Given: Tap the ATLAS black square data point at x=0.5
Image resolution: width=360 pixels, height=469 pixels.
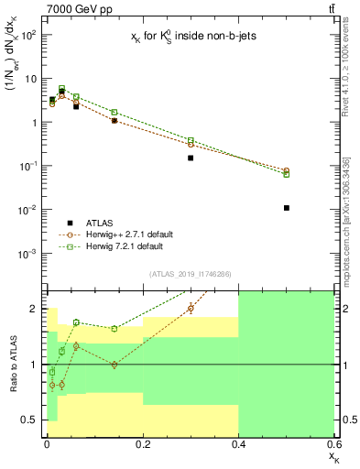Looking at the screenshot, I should [287, 208].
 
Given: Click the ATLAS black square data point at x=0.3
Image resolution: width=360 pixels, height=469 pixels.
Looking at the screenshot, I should [191, 158].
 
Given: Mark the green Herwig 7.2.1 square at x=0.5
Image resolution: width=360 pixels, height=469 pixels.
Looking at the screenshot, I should [287, 174].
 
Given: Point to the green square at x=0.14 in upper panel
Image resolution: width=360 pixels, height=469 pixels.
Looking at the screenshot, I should [114, 112].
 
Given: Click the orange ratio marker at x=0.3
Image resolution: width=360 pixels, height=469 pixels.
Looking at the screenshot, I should [191, 308].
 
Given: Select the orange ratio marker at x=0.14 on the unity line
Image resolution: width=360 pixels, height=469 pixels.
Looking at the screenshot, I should [114, 365].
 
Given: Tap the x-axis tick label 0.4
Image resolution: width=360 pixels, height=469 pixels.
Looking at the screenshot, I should [238, 443].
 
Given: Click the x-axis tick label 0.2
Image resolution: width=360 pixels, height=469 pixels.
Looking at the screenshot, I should [143, 443].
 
